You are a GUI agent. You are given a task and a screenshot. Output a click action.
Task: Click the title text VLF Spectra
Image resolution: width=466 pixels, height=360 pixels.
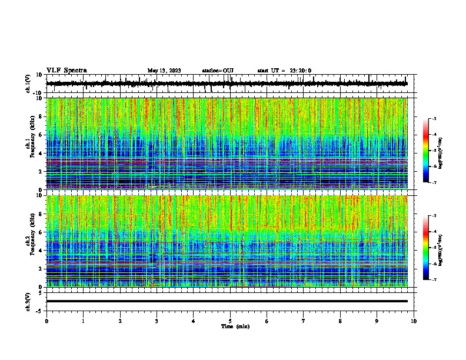tap(66, 71)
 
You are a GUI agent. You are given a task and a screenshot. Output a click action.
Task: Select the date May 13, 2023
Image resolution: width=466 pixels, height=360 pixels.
tap(164, 71)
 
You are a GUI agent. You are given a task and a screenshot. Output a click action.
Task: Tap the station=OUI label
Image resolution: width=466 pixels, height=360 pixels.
tap(218, 71)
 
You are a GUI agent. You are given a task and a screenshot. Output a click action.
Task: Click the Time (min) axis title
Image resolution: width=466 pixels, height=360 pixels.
tap(235, 326)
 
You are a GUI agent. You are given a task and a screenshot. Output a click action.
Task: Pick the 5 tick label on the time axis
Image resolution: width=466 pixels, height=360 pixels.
tap(230, 321)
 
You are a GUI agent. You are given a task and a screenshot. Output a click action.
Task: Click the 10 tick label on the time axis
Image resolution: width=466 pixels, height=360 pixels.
tap(414, 321)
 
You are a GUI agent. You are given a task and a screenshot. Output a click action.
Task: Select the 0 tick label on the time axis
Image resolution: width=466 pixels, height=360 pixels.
tap(46, 321)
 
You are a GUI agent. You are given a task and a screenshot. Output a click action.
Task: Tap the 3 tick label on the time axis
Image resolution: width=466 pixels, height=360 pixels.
tap(157, 321)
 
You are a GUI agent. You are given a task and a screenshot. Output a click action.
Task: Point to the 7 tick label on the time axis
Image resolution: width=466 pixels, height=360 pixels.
tap(304, 321)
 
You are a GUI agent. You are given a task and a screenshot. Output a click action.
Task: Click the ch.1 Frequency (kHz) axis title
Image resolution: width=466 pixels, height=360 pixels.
tap(31, 144)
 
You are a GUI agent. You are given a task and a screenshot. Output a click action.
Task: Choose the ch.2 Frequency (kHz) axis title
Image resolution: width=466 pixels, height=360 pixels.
tap(31, 241)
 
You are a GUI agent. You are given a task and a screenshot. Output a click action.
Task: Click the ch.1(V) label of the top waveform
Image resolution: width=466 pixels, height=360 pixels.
tap(28, 84)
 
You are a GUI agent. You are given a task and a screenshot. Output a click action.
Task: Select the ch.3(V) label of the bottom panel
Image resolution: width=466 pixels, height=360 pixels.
tap(28, 301)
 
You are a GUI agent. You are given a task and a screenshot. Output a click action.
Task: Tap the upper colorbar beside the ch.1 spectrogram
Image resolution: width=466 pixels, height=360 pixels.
tap(426, 151)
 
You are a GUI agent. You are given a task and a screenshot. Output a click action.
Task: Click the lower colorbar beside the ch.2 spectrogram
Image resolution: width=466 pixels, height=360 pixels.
tap(426, 248)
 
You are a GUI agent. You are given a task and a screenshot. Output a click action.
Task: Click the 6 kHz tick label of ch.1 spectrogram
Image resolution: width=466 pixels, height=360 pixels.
tap(41, 135)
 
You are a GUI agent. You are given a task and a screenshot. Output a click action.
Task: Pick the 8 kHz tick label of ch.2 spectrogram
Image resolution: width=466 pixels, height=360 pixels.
tap(41, 214)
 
